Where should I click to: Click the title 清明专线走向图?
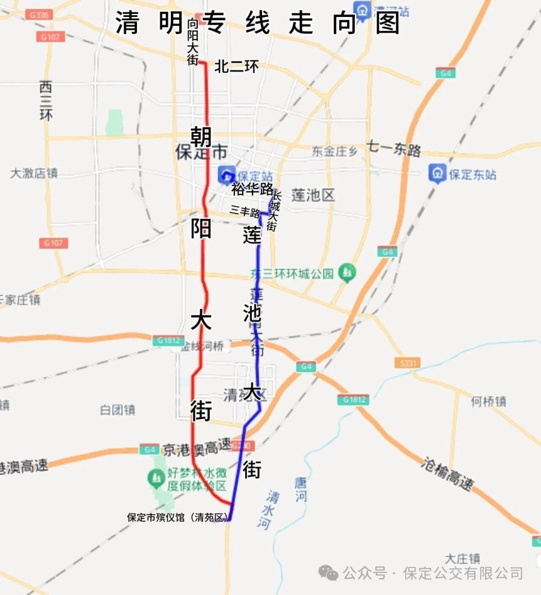[258, 24]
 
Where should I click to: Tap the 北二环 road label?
[237, 66]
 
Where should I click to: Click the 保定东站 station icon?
[437, 174]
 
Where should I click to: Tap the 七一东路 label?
[394, 150]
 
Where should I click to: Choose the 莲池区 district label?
[313, 196]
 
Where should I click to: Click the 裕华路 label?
[252, 189]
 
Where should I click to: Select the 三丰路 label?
[245, 212]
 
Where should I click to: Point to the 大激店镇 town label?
[34, 173]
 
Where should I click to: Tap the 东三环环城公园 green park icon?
[348, 273]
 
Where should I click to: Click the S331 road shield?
[406, 363]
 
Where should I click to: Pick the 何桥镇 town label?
[489, 401]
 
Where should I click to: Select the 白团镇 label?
[118, 410]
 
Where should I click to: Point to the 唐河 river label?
[301, 490]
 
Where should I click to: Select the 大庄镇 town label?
[462, 558]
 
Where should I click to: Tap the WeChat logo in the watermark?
[329, 573]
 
